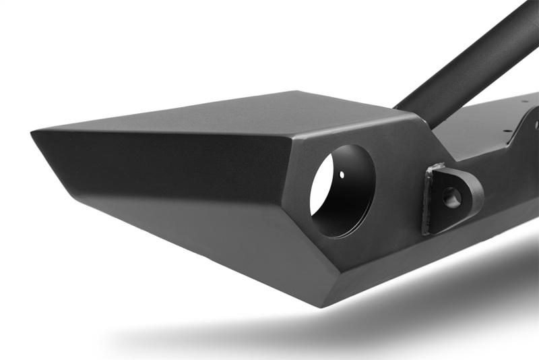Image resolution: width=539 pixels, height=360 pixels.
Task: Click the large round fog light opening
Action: point(342,191)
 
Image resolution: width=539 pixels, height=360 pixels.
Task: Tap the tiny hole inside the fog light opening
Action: point(342,175)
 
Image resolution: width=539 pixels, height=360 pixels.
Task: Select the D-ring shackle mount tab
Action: point(451,197)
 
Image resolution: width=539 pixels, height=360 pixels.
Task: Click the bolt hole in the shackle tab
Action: point(452,198)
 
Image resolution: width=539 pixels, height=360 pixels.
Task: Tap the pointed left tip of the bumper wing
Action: point(34,133)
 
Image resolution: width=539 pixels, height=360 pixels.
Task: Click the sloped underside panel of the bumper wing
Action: point(202,229)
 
